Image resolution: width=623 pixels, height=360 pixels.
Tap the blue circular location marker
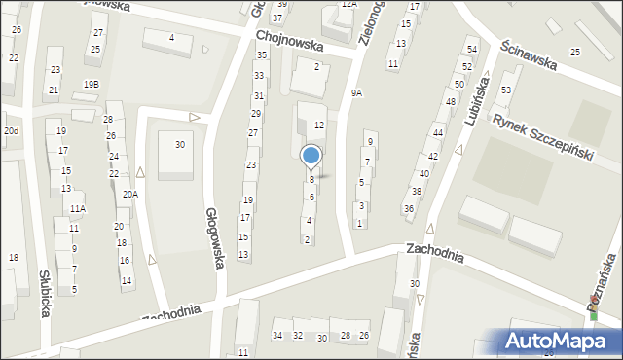(311, 157)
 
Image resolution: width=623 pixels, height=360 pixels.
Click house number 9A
(356, 93)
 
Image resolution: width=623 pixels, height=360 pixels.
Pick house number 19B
(91, 85)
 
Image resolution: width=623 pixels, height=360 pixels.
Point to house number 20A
(129, 194)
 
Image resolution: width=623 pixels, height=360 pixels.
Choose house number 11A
(77, 208)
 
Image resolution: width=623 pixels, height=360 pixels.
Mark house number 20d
(10, 130)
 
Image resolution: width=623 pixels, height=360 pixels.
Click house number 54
(472, 49)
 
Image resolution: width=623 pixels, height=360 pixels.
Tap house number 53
(505, 90)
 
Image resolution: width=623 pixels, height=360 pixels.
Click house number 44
(438, 132)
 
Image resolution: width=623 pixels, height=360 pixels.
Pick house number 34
(277, 336)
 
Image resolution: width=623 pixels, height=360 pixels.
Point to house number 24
(113, 157)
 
